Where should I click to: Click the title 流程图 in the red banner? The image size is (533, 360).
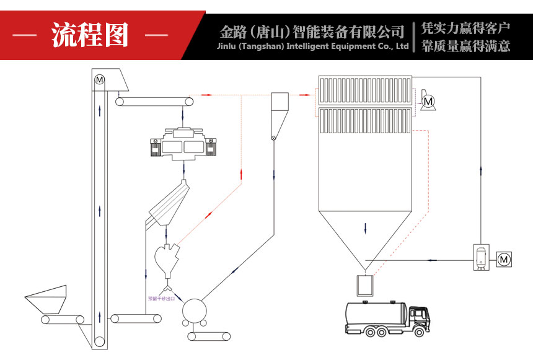(90, 35)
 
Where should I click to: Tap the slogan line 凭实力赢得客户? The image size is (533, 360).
(465, 28)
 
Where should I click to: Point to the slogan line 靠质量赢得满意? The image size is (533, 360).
(465, 45)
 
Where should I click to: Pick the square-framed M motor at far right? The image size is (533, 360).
(504, 258)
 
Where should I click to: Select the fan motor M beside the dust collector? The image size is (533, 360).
(428, 100)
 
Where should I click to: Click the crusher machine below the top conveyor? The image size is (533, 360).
(184, 144)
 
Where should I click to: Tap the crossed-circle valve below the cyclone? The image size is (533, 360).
(273, 138)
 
